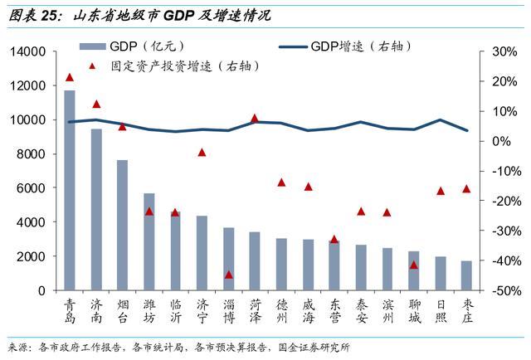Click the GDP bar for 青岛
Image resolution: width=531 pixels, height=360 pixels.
click(70, 190)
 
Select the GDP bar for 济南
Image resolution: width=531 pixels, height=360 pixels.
click(96, 210)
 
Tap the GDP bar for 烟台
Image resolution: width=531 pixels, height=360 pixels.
click(122, 226)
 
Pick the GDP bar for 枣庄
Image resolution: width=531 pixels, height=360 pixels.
click(466, 275)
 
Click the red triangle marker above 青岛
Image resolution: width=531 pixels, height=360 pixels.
click(70, 77)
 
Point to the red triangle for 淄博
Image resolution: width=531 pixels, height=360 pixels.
click(229, 275)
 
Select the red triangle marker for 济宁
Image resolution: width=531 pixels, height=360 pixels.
click(202, 153)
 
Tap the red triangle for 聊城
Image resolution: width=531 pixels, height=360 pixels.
click(413, 265)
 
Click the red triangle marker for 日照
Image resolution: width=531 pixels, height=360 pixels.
click(441, 191)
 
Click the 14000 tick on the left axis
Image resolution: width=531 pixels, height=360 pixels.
click(27, 51)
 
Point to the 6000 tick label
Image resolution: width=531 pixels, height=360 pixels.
click(31, 188)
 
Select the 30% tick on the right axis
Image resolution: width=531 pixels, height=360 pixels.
click(504, 51)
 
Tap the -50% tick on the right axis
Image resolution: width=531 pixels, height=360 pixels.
click(507, 291)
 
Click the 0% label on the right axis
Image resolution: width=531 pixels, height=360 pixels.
click(501, 141)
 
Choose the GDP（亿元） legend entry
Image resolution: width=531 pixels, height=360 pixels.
click(132, 46)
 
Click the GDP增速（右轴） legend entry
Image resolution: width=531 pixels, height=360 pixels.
click(345, 46)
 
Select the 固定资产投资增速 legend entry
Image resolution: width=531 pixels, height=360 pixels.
click(174, 66)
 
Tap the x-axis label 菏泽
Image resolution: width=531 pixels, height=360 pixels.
click(256, 311)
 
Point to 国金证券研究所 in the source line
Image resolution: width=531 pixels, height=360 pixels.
click(314, 348)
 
